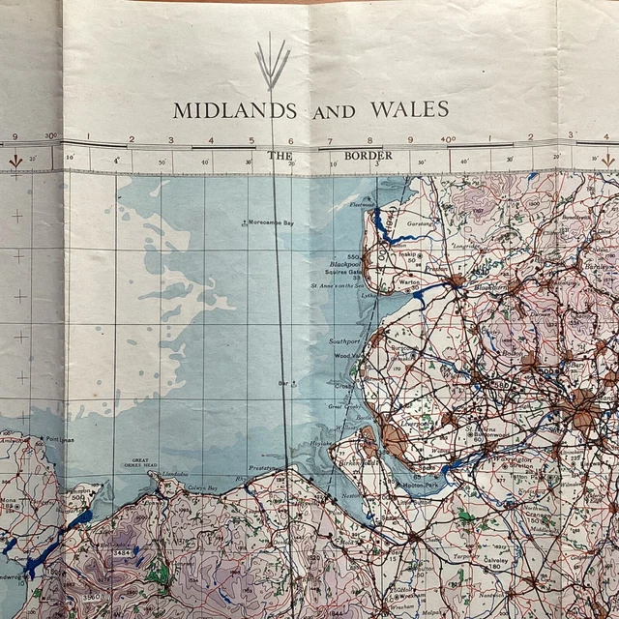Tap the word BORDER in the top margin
(368, 155)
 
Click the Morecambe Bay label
(270, 222)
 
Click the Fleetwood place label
(361, 204)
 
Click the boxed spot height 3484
(122, 551)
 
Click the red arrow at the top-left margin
(15, 162)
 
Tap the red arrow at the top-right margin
(607, 160)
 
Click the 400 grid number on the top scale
(447, 139)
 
